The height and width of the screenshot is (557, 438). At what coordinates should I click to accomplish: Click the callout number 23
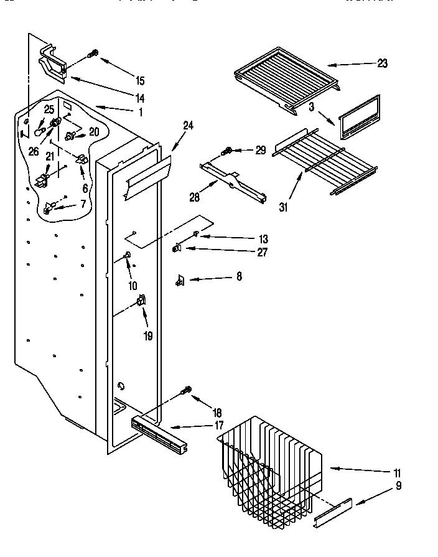pos(382,63)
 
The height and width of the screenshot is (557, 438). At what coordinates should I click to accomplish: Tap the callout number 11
pos(397,472)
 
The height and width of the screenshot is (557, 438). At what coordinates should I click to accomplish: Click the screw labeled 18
pos(185,390)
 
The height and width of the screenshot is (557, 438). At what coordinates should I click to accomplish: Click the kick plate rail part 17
pos(159,433)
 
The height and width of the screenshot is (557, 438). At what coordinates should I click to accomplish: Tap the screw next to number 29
pos(228,151)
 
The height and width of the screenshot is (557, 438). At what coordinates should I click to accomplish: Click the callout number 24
pos(189,126)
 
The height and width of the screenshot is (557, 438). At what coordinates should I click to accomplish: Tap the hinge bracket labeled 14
pos(55,64)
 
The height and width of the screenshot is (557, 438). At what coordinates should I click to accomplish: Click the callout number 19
pos(148,336)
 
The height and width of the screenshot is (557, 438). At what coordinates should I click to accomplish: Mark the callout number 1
pos(140,113)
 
